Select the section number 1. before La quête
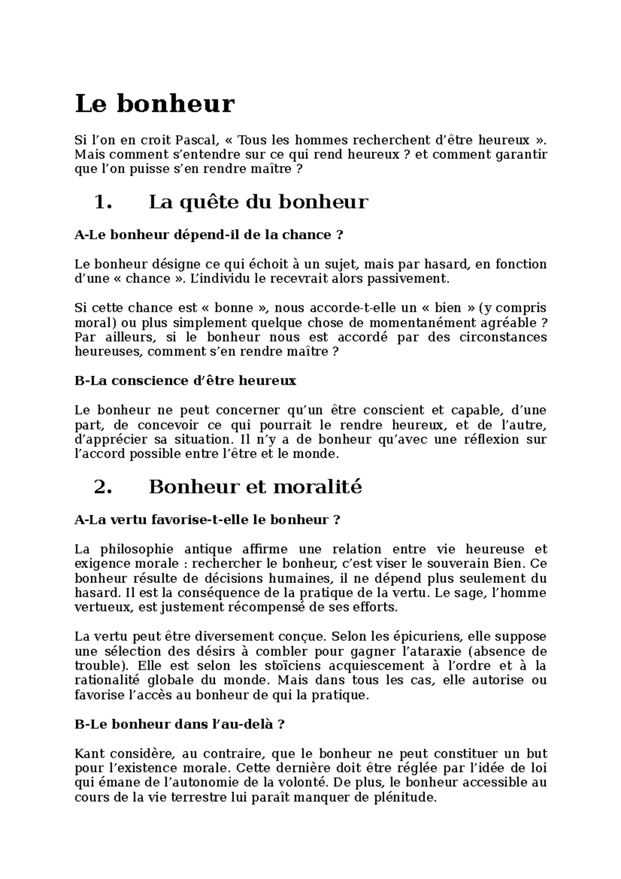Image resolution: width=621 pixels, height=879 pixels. coord(103,202)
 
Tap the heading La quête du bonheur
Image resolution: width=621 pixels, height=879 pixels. coord(258,202)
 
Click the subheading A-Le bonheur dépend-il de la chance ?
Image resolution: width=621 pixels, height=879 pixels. coord(209,235)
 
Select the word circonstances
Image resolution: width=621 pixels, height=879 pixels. coord(502,338)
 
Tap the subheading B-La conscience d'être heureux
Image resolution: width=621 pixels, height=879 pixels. coord(185,381)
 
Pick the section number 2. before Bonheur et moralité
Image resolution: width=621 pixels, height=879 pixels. coord(103,487)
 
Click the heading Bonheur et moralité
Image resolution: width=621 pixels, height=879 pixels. coord(255,487)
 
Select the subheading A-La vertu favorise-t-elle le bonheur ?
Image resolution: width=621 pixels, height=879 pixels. coord(208,520)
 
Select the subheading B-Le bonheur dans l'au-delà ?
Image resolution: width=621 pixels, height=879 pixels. coord(180,725)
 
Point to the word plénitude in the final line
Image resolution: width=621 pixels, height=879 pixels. coord(405,798)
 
